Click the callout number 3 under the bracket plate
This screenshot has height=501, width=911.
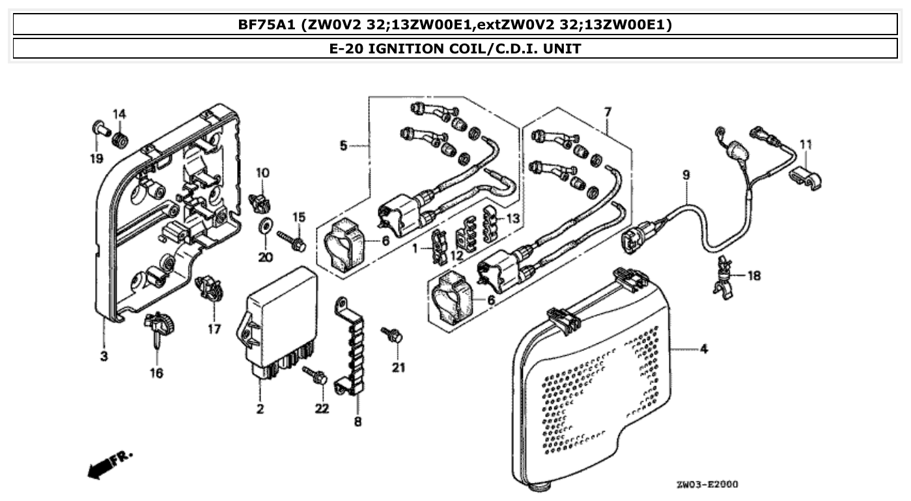point(104,356)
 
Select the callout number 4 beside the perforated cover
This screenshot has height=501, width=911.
point(704,350)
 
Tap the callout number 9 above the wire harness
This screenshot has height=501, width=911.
point(686,175)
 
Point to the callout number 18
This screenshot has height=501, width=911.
point(753,276)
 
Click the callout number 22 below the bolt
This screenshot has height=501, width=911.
point(322,408)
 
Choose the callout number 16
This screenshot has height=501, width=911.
point(158,373)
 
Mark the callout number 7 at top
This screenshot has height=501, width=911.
point(608,112)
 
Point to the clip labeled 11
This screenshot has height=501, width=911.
point(805,178)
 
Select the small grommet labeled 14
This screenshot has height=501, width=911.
point(119,139)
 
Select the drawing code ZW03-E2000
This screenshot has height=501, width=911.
point(707,485)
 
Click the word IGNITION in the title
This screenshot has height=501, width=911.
point(402,48)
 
